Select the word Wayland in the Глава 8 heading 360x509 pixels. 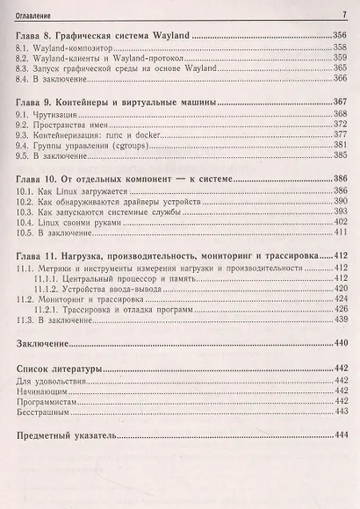point(170,37)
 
